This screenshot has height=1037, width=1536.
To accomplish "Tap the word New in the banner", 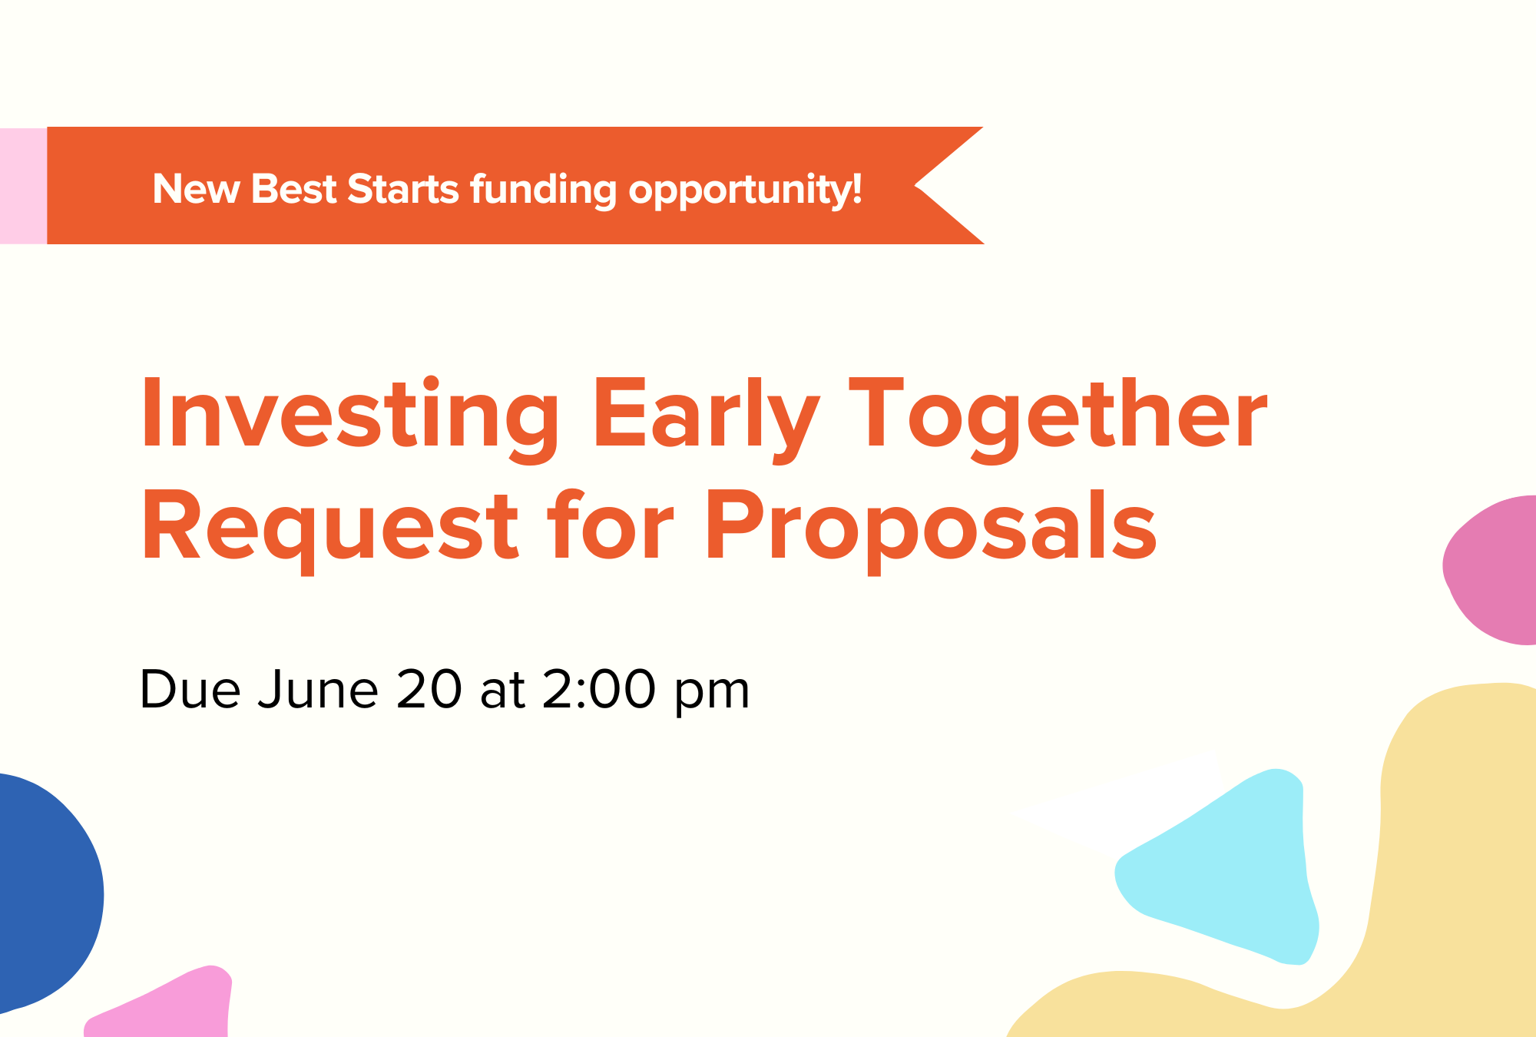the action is (196, 189).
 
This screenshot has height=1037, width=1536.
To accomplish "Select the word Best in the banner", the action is (293, 189).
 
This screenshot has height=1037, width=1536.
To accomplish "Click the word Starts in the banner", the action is (402, 189).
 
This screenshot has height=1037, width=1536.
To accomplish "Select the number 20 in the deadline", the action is (429, 689).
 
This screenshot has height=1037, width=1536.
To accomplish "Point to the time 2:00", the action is (598, 689).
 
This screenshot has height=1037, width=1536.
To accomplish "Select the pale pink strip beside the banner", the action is (23, 186).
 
